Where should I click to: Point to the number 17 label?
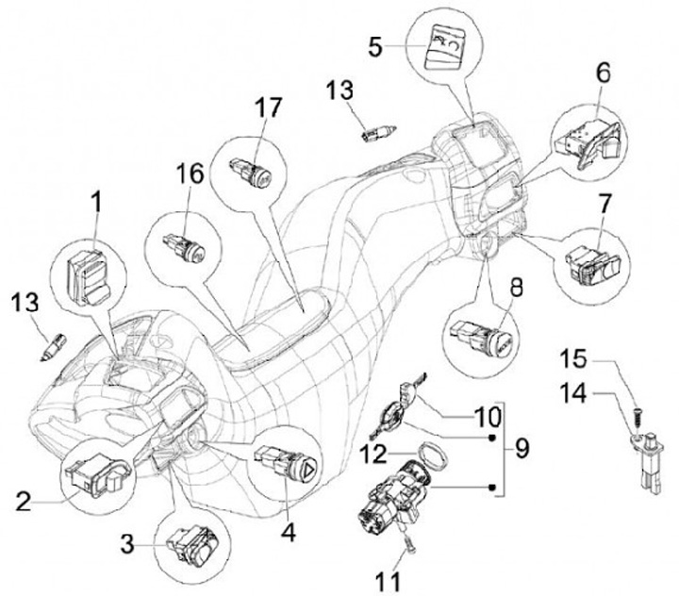coord(269,108)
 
